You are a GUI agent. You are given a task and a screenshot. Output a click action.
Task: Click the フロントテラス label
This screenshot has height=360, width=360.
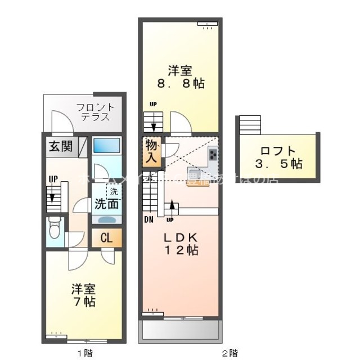click(95, 112)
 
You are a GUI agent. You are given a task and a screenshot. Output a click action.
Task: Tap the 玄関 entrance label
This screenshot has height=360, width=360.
click(60, 147)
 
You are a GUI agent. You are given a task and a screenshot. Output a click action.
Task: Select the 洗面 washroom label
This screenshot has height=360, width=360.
click(106, 204)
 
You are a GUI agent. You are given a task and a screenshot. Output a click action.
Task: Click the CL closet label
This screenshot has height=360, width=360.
click(106, 237)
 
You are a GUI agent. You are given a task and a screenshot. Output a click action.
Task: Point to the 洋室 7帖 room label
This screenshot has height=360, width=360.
click(83, 295)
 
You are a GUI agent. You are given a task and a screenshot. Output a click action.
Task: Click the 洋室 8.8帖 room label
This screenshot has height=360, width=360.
click(180, 77)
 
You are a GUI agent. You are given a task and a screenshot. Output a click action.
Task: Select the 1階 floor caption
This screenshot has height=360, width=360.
click(84, 353)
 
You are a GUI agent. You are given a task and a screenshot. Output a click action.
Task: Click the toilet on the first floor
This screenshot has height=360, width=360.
click(55, 228)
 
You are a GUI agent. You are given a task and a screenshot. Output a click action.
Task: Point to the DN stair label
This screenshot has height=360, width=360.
click(149, 219)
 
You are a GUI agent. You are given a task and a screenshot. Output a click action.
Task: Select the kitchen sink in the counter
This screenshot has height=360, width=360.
click(194, 173)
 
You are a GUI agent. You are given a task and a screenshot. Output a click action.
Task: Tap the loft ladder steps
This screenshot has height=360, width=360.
click(250, 125)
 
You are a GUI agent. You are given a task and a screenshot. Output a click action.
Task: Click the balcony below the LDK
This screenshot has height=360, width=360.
click(179, 331)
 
